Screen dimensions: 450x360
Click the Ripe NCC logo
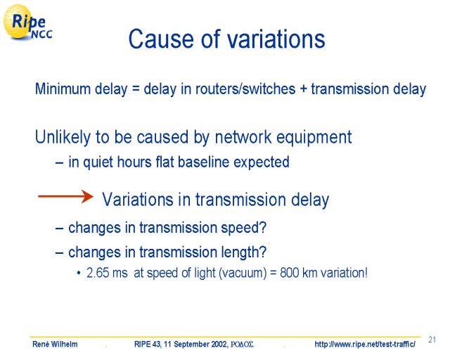(x=27, y=22)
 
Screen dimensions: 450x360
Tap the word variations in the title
(x=276, y=39)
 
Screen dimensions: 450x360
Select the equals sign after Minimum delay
(x=135, y=89)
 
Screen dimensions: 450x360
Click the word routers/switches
(x=245, y=89)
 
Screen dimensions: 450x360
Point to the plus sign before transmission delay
(x=303, y=89)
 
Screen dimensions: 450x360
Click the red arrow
(x=65, y=196)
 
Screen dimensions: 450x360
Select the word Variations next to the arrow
(x=138, y=200)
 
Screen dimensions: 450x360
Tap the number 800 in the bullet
(x=289, y=273)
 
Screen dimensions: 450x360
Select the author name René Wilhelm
(x=55, y=344)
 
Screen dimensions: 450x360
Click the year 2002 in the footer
(x=219, y=344)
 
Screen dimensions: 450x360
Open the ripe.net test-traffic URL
(x=365, y=345)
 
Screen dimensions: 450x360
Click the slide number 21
(x=432, y=340)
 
